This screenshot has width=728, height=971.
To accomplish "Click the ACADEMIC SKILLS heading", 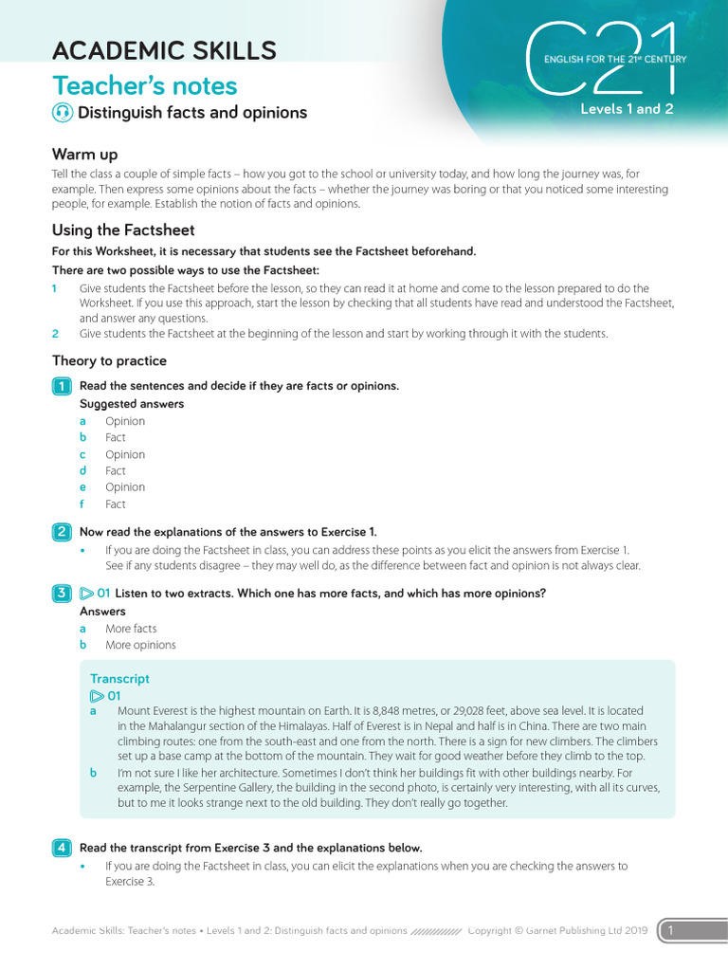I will pyautogui.click(x=164, y=50).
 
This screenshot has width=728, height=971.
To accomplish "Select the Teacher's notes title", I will pyautogui.click(x=144, y=86).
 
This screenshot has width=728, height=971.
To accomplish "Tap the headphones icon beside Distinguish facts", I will pyautogui.click(x=63, y=113).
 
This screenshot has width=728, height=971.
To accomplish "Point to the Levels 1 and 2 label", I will pyautogui.click(x=627, y=109).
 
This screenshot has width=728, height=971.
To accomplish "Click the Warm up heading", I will pyautogui.click(x=85, y=155).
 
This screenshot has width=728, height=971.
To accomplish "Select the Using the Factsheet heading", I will pyautogui.click(x=123, y=230).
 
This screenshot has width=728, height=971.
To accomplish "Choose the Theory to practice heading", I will pyautogui.click(x=109, y=361).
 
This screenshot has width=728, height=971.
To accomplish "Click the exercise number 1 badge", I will pyautogui.click(x=62, y=386).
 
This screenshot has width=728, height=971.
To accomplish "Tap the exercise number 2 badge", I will pyautogui.click(x=62, y=532).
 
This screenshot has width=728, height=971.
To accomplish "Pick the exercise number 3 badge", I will pyautogui.click(x=62, y=594).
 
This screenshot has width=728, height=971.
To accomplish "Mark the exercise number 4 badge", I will pyautogui.click(x=62, y=848).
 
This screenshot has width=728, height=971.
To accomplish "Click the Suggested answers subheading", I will pyautogui.click(x=132, y=404).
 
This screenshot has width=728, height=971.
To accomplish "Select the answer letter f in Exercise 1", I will pyautogui.click(x=83, y=504).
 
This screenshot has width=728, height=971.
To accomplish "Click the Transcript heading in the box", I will pyautogui.click(x=119, y=679).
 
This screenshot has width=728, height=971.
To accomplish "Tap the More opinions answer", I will pyautogui.click(x=140, y=645).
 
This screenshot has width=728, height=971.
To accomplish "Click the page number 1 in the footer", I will pyautogui.click(x=671, y=931).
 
